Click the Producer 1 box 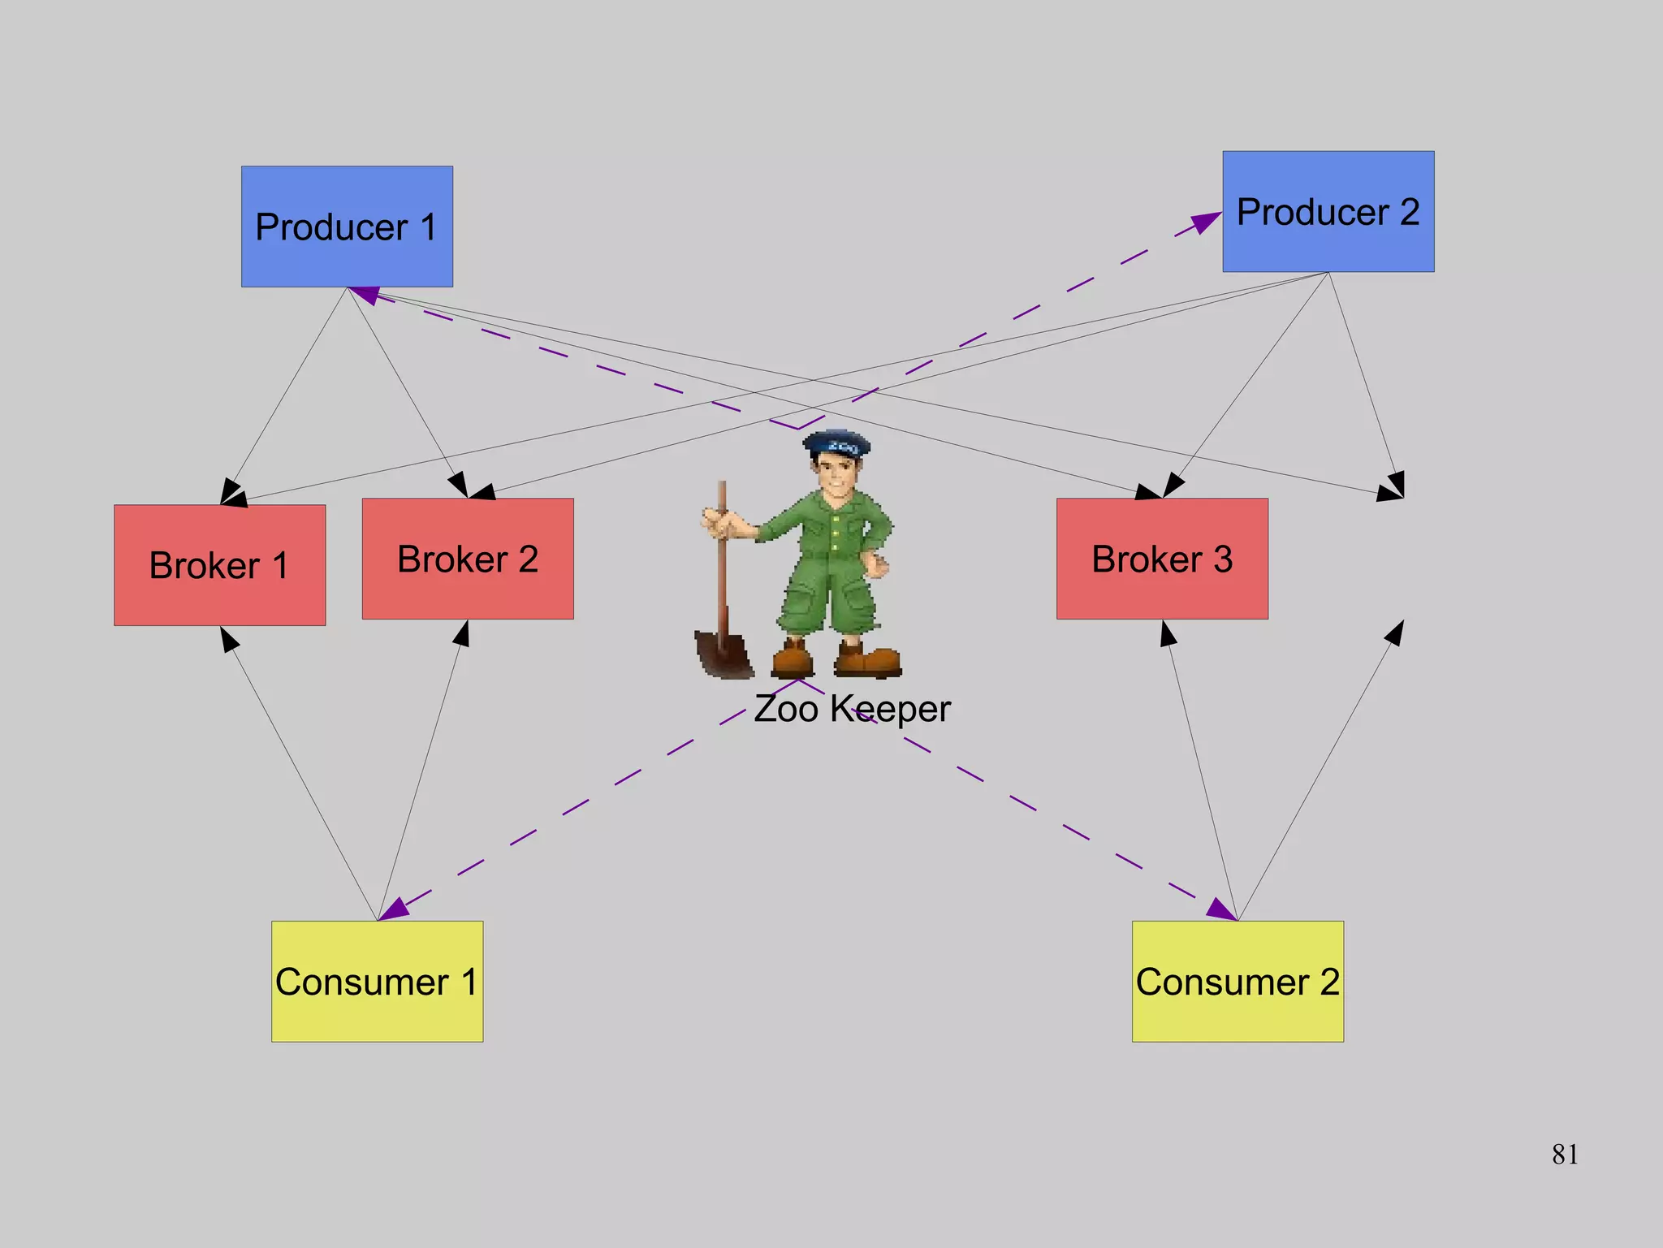pos(347,227)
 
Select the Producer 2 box pos(1328,211)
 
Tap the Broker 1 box pos(219,565)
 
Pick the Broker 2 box pos(468,559)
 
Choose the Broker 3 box pos(1162,559)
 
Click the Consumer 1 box pos(377,981)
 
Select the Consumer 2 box pos(1238,981)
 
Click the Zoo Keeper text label pos(852,709)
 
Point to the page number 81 pos(1565,1154)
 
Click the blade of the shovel pos(722,653)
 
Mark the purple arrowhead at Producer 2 pos(1207,222)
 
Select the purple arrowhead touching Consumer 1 pos(395,909)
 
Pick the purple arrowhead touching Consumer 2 pos(1220,909)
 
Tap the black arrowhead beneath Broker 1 pos(229,639)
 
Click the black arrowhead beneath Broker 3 pos(1168,633)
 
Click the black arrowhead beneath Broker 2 pos(462,633)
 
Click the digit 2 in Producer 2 pos(1409,212)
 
